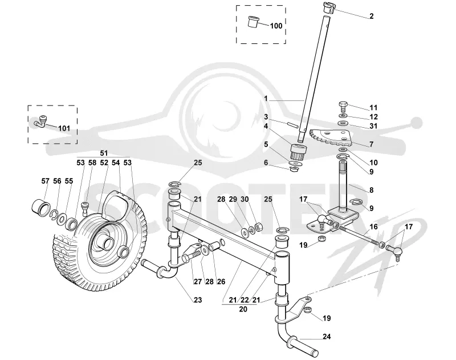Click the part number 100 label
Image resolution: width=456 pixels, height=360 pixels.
pos(276,26)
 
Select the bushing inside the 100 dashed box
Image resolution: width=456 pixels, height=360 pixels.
pos(253,22)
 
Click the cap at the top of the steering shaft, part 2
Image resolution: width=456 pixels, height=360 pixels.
pos(329,7)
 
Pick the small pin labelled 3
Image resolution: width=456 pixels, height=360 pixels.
pos(292,124)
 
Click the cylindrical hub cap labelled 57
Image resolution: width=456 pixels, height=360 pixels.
pos(41,208)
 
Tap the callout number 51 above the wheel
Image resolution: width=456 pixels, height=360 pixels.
pos(104,153)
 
